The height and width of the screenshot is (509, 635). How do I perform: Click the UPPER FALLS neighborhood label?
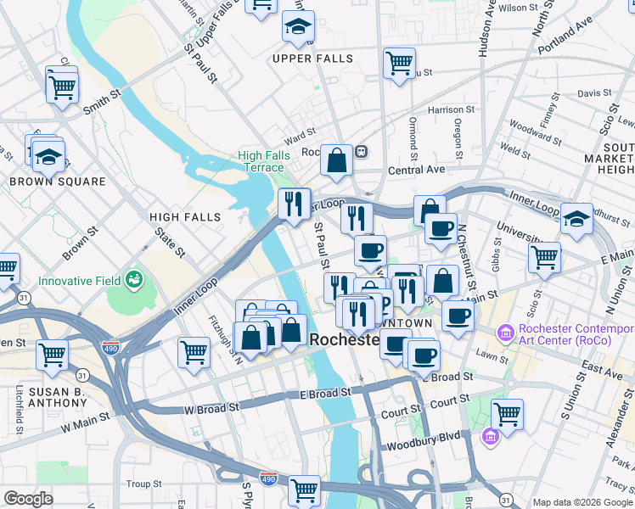click(305, 58)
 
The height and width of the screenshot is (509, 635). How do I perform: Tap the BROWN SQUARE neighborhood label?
click(58, 182)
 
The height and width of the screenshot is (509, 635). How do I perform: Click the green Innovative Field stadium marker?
click(132, 278)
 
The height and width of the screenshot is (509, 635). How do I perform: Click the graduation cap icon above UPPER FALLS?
click(298, 27)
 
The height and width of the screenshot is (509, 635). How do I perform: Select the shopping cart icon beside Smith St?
click(63, 86)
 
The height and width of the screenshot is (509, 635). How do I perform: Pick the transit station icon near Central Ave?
click(361, 152)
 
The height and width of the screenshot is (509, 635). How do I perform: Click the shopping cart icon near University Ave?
click(544, 256)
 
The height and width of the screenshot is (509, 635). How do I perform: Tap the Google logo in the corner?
click(29, 499)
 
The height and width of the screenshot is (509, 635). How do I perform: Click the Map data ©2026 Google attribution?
click(582, 502)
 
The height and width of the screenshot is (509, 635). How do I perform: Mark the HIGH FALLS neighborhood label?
click(185, 217)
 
